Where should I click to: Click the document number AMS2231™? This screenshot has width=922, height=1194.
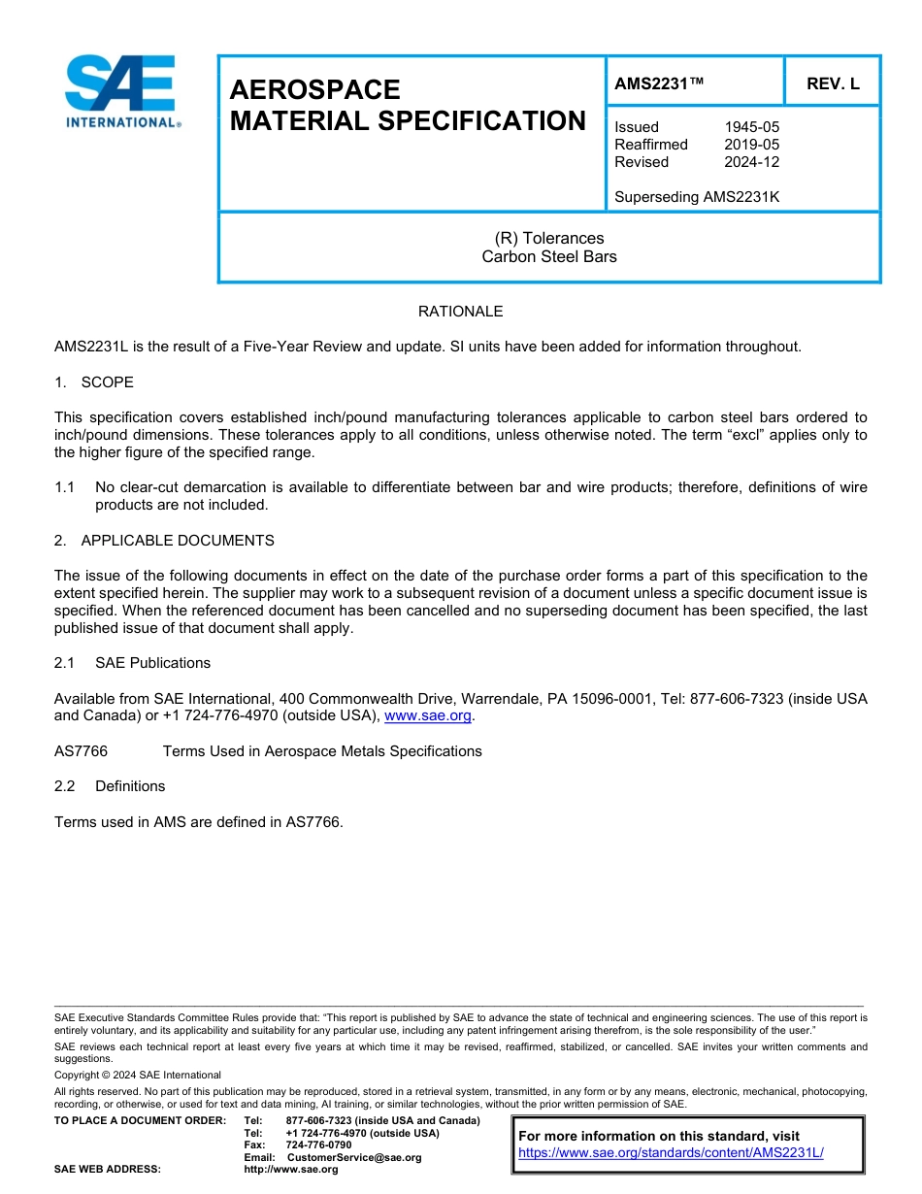pos(658,84)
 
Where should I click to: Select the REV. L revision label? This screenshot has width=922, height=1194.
pos(833,84)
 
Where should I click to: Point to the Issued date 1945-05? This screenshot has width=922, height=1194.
pos(751,127)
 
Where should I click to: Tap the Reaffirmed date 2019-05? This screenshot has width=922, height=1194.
pos(751,145)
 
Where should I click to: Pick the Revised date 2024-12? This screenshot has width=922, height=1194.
pos(751,162)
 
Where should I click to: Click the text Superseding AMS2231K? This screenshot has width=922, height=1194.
pos(697,197)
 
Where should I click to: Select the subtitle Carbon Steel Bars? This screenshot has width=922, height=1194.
pos(549,257)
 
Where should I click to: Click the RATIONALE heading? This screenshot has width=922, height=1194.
pos(460,312)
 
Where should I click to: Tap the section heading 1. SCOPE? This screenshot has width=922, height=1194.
pos(94,382)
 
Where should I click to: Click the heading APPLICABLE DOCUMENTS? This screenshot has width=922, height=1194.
pos(178,541)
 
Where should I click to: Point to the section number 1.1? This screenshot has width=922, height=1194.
pos(64,487)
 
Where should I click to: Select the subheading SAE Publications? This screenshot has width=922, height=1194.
pos(152,663)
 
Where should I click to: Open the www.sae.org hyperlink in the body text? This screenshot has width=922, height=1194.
pos(428,716)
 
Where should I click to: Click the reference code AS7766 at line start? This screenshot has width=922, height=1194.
pos(81,751)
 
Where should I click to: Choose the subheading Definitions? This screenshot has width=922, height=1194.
pos(130,786)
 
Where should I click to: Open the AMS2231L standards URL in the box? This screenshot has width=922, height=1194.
pos(671,1153)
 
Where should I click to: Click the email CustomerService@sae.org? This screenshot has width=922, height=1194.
pos(354,1157)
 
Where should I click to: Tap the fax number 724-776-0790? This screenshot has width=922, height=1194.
pos(318,1145)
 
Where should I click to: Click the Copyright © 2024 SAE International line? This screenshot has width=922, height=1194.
pos(138,1075)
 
